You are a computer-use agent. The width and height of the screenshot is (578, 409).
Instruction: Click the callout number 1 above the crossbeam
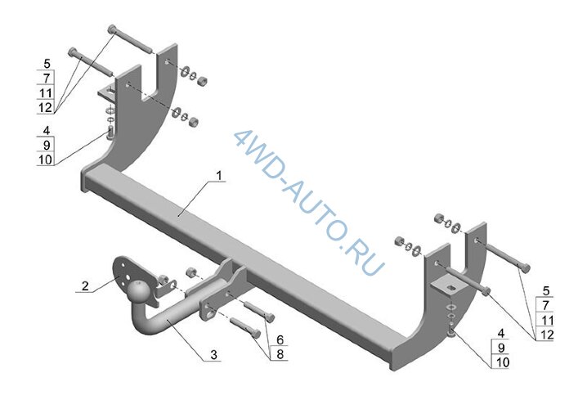point(219,176)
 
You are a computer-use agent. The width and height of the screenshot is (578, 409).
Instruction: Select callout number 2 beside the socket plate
point(85,285)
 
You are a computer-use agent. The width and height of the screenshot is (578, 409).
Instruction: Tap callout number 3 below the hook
point(214,355)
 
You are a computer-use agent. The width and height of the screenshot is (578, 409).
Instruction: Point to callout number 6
point(280,339)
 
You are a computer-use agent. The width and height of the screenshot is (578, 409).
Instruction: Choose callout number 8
point(280,354)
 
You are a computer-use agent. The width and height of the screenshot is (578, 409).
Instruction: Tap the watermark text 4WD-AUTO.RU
point(310,204)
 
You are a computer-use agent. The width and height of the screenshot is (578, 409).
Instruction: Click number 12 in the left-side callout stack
point(45,108)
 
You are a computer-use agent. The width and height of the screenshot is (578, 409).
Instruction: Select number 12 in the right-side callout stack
point(546,335)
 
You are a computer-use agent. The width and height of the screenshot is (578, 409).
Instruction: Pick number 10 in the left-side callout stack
point(45,160)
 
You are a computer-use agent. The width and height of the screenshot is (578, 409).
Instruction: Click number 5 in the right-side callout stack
point(546,291)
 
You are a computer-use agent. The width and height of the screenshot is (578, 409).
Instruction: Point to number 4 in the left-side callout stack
point(47,131)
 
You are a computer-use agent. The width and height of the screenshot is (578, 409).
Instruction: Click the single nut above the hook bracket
point(190,272)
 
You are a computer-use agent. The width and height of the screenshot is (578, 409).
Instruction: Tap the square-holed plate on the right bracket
point(448,285)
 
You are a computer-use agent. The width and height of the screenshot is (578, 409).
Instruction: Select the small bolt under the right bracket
point(450,333)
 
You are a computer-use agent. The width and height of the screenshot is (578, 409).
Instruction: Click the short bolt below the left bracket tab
point(110,133)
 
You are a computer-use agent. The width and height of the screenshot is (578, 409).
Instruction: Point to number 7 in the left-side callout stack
point(47,79)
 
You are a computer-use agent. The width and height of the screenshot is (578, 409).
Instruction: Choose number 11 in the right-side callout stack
point(546,320)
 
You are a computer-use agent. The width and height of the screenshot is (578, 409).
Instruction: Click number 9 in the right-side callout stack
point(501,348)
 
